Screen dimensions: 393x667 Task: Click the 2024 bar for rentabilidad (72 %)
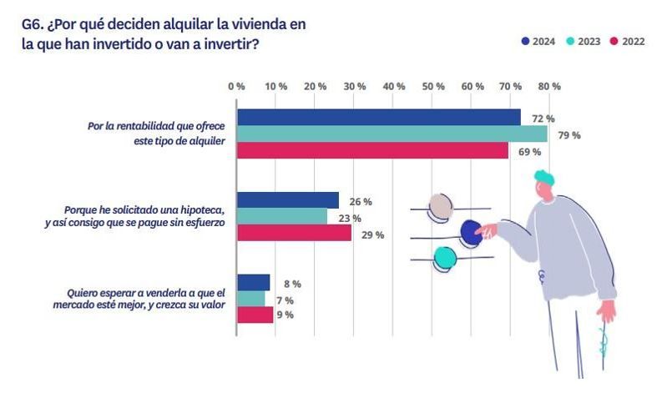pos(378,118)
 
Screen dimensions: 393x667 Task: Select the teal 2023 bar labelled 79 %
pos(392,134)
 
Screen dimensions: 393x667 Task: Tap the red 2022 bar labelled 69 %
pos(372,150)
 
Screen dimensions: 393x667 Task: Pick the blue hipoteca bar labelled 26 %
pos(288,200)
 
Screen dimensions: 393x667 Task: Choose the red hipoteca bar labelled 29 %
pos(294,233)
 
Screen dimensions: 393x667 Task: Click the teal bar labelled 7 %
pos(250,299)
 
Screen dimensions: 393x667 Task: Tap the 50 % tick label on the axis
pos(433,86)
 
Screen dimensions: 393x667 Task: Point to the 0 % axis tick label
pos(236,86)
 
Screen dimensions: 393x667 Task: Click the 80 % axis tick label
pos(549,86)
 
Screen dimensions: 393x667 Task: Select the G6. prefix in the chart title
pos(33,24)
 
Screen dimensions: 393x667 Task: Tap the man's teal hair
pos(545,178)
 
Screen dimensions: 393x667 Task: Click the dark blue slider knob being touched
pos(472,234)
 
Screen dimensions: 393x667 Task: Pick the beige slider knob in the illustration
pos(440,206)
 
